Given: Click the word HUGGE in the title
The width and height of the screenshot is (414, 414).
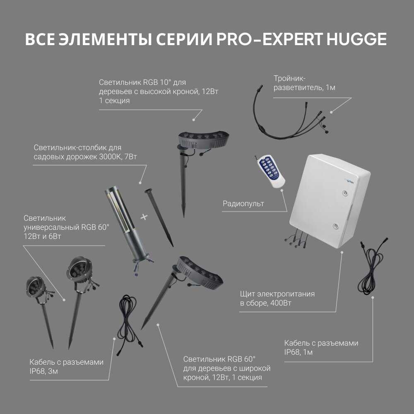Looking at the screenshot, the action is (x=356, y=39).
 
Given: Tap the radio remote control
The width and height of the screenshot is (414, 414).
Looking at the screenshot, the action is (x=270, y=171).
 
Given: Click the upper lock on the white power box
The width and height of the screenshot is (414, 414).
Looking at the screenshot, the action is (x=345, y=193).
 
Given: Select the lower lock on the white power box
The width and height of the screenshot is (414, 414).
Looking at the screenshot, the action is (x=335, y=226).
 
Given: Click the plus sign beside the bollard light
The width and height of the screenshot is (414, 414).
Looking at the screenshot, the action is (x=144, y=217).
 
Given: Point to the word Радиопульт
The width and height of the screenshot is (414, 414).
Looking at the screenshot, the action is (x=243, y=204).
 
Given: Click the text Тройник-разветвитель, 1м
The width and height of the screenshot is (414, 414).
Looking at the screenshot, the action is (x=304, y=83).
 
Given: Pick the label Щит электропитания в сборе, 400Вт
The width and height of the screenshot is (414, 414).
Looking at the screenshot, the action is (x=277, y=298).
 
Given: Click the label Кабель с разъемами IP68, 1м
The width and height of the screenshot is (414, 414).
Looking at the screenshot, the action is (x=321, y=347).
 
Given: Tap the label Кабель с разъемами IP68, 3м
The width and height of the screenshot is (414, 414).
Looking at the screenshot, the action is (x=66, y=366).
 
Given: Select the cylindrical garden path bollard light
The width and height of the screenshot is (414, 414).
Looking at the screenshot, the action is (x=127, y=227).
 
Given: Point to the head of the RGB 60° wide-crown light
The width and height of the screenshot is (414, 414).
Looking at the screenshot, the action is (x=200, y=273).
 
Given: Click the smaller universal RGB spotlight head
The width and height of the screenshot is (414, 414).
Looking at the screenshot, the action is (x=35, y=287).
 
